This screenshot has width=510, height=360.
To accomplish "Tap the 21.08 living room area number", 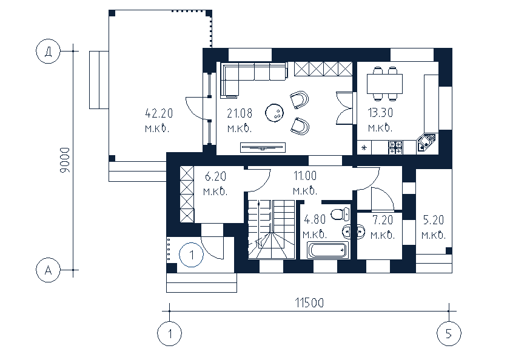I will pos(239,113).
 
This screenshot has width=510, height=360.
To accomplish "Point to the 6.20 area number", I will pos(216,177).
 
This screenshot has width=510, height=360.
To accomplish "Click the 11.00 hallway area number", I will pos(305,177).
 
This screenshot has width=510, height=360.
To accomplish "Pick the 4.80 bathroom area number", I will pos(315,220).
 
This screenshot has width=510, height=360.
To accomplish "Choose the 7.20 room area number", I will pos(383,220).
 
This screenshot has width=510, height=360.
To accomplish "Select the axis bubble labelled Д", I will pos(47,52).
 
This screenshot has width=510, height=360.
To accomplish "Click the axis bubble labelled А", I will pos(47,270).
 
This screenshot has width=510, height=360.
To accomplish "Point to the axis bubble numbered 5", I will pos(449,333).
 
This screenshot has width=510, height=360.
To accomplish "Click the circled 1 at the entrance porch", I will pos(191,255).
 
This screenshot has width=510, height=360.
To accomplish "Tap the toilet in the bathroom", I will pos(344,213).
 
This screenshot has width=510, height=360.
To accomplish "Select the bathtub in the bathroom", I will pos(327,250).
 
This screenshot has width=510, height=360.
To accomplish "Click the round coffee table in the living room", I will pos(275,112).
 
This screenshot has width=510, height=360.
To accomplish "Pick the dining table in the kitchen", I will pos(384,83).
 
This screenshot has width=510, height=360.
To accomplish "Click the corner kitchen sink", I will pos(426,143).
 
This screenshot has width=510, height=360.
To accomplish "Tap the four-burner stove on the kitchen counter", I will pos(395,146).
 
